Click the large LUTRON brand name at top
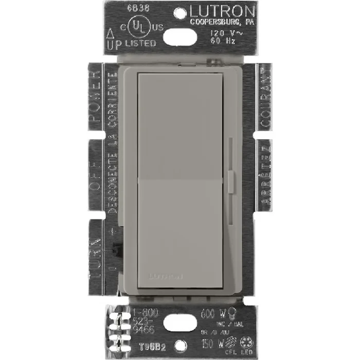(222, 12)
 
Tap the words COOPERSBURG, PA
(222, 23)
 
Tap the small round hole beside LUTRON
(182, 11)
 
